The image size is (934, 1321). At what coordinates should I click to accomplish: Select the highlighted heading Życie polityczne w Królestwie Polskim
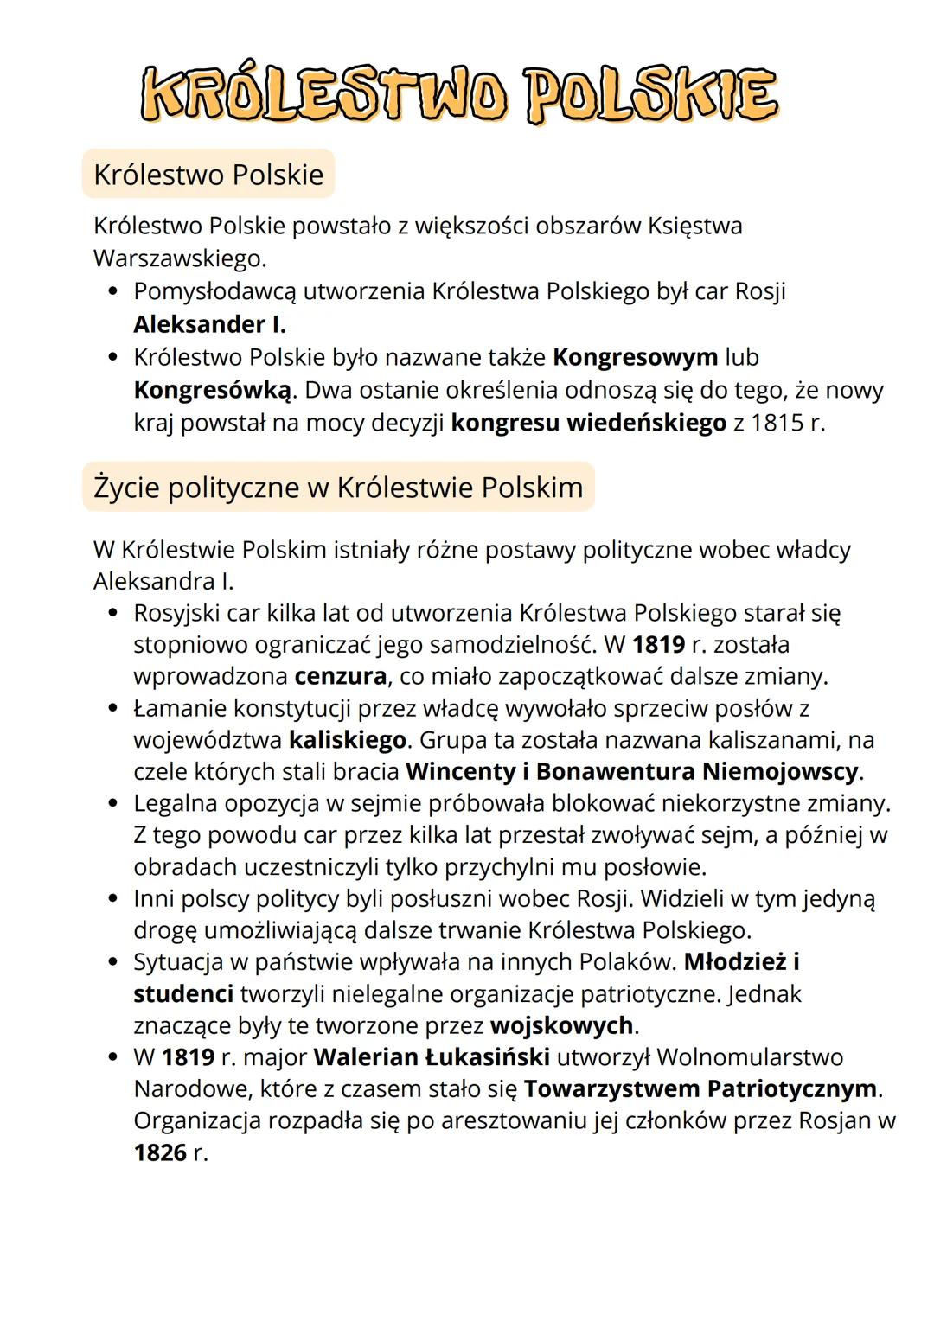(x=338, y=488)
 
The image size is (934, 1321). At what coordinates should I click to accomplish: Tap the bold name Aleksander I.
(x=209, y=324)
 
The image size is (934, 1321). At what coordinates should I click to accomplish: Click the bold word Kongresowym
(x=635, y=357)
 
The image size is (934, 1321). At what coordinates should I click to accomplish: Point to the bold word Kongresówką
(x=213, y=390)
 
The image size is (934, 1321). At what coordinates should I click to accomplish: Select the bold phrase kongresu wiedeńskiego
(x=588, y=424)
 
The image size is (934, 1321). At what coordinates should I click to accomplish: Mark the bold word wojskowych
(x=561, y=1025)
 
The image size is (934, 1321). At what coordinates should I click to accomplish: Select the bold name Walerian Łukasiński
(x=432, y=1057)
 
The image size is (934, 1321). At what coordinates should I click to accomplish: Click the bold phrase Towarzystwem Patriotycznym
(x=700, y=1088)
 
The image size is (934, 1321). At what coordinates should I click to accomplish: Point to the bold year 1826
(x=160, y=1152)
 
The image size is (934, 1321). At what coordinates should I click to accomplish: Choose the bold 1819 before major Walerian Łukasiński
(x=188, y=1057)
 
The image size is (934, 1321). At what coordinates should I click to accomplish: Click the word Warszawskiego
(x=177, y=258)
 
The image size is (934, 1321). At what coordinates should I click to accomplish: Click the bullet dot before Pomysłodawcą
(x=112, y=292)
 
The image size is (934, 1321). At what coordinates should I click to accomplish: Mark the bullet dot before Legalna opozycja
(x=112, y=804)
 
